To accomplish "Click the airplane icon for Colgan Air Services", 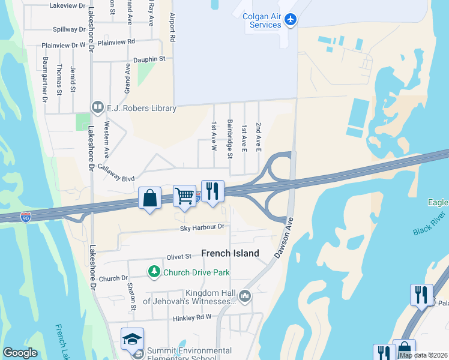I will point(291,20).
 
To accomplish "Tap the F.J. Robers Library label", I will point(142,109).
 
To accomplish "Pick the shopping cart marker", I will point(184,196).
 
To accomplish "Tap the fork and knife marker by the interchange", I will point(212,191).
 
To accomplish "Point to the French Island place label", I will point(230,253).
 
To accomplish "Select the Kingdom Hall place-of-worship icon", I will point(245,296).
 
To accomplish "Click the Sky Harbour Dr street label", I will point(202,227).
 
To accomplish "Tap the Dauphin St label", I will point(149,59).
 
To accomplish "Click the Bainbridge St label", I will point(229,139).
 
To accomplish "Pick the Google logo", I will point(20,353).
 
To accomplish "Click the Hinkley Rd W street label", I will point(193,317).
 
